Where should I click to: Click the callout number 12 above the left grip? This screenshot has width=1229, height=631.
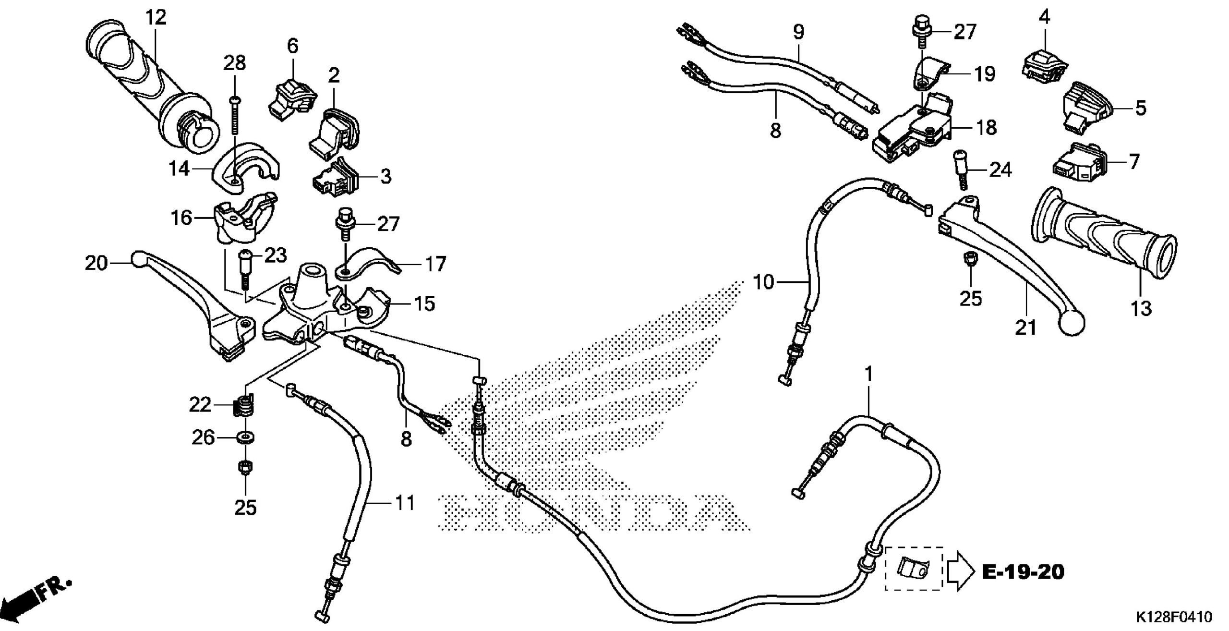157,18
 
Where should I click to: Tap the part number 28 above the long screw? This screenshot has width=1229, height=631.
234,63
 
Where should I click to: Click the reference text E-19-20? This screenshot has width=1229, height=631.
1023,572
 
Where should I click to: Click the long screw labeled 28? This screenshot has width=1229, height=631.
235,115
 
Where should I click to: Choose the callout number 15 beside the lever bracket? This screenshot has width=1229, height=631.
424,303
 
